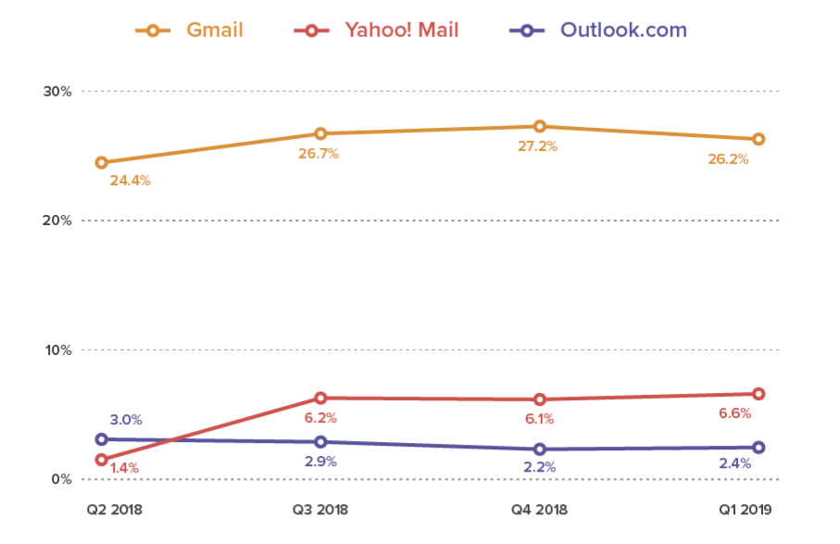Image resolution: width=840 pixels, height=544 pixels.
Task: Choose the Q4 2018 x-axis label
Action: pos(539,510)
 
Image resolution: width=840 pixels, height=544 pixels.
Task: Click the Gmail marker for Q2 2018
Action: pos(101,162)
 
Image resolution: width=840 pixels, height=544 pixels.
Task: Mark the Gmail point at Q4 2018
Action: pos(539,126)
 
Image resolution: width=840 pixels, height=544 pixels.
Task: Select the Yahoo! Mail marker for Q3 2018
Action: pos(320,399)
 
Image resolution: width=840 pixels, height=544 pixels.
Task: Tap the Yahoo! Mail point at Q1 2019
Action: pos(759,394)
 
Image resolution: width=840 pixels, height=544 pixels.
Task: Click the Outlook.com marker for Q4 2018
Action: pos(539,449)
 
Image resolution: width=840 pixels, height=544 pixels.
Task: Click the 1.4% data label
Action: pos(124,469)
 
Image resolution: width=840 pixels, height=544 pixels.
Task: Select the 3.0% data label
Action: pos(126,420)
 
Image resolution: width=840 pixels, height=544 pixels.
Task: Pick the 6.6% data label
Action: pos(735,413)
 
